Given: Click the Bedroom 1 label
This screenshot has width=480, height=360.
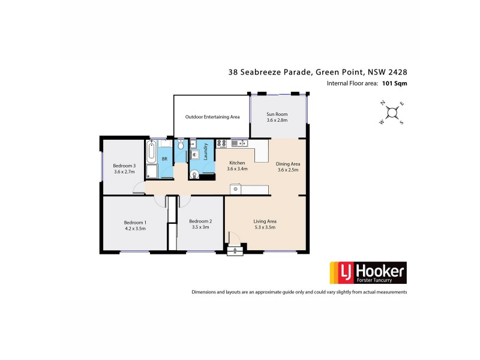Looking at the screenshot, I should coord(135,222).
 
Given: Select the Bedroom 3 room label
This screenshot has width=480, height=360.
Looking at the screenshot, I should coord(124,166).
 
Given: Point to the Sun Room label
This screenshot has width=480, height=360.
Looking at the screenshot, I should coord(277,114).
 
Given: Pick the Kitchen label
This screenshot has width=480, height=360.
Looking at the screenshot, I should coord(237,163).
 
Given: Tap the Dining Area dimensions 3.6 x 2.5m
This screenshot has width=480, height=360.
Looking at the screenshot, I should coord(287,170).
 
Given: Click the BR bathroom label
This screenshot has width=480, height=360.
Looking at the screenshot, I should coord(164,159).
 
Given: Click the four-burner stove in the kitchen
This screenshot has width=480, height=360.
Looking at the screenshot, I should coord(221,143).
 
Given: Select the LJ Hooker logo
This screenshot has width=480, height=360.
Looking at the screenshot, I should coord(367,273).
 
